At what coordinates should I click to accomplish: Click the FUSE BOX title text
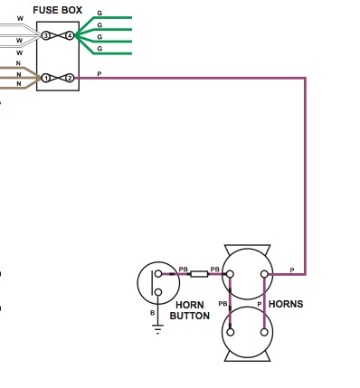57,10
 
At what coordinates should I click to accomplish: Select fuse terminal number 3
45,36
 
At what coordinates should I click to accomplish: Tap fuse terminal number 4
70,36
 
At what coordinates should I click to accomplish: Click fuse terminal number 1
45,79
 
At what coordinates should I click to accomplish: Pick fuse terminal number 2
70,79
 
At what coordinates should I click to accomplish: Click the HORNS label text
286,304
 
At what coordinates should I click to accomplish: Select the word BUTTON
190,316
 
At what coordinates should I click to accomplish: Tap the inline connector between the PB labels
199,274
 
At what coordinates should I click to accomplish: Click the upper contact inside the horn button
158,274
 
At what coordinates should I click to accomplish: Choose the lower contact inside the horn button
158,292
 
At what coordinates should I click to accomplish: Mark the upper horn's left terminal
230,274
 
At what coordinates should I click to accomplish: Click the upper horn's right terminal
264,274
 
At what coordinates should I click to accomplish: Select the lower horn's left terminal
231,332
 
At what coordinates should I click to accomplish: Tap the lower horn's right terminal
264,332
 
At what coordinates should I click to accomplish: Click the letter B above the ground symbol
152,313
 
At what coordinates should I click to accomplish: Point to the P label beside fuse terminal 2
99,74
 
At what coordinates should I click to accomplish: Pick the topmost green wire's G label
99,14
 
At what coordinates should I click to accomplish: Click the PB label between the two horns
223,304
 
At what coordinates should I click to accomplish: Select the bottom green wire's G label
99,49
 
